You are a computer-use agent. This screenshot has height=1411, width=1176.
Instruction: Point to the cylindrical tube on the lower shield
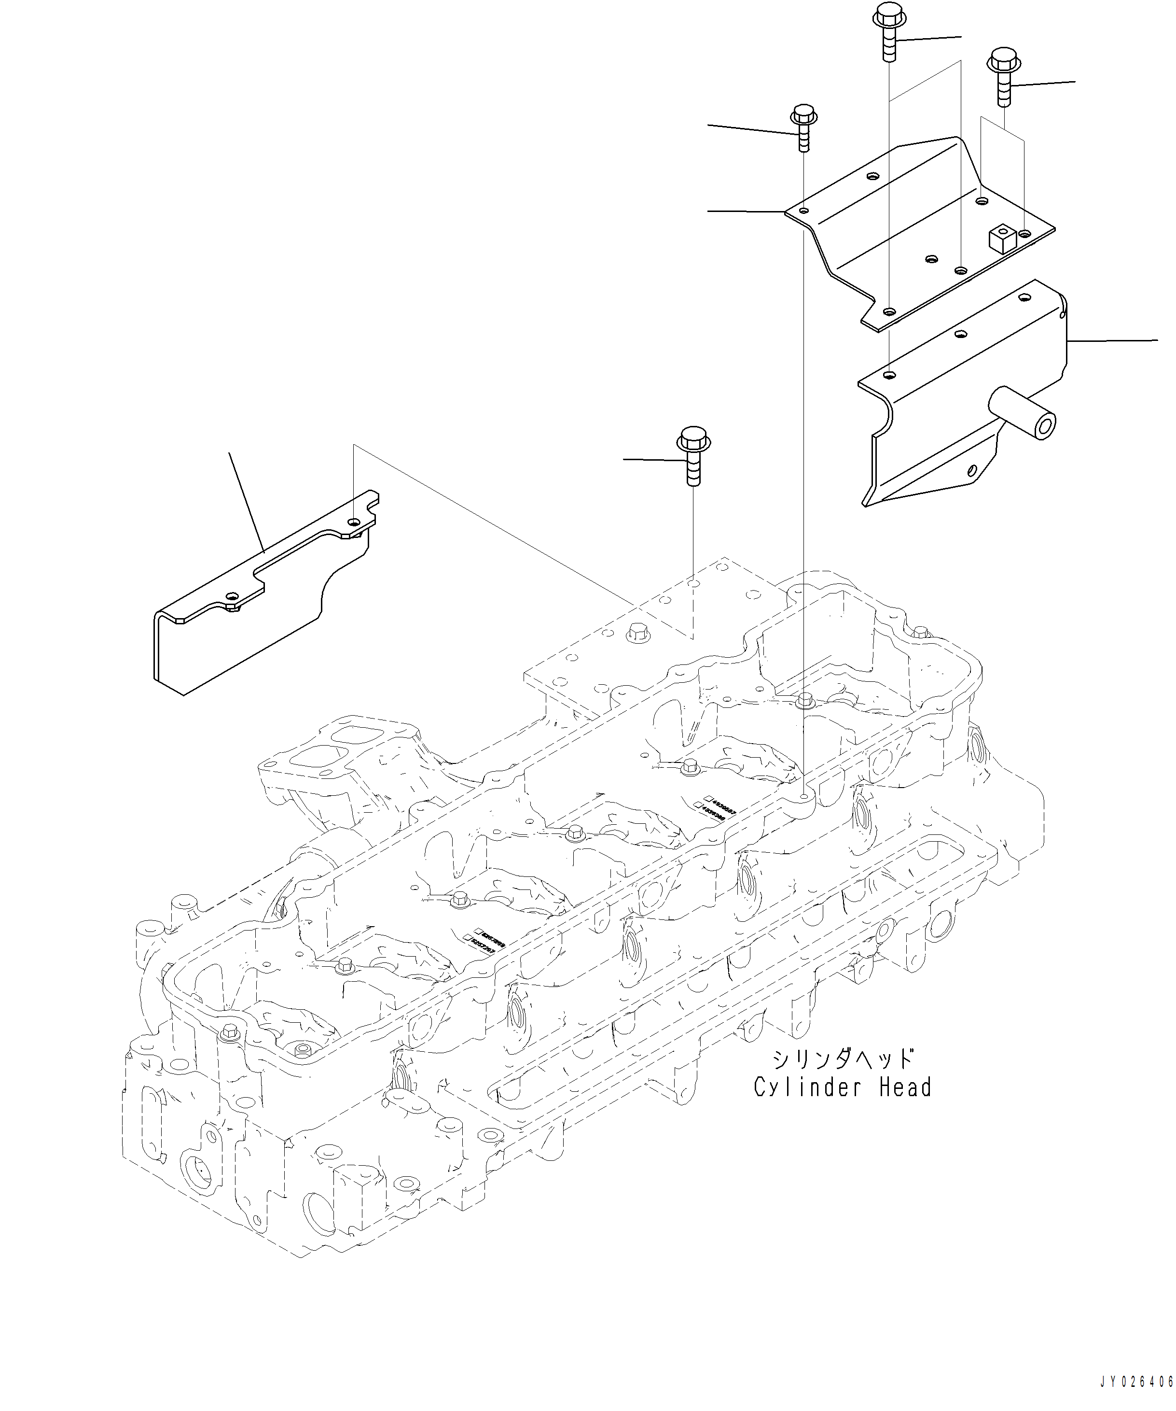[1021, 411]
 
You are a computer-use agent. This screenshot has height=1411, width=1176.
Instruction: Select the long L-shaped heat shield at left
[255, 605]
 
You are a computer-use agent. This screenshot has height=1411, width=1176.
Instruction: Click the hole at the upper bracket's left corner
[804, 211]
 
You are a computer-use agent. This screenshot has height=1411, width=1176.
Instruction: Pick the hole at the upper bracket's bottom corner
[889, 311]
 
